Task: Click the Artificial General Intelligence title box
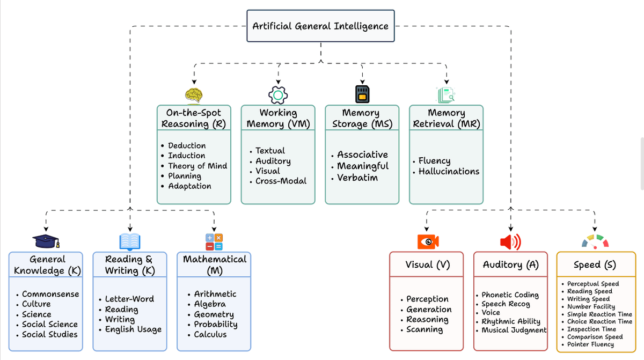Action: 320,26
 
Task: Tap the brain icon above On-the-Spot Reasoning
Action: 194,95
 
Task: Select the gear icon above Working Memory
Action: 278,95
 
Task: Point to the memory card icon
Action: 362,94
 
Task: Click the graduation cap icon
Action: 46,241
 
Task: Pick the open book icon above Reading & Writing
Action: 130,241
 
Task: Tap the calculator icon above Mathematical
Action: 214,241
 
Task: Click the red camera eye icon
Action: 428,241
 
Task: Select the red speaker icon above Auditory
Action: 510,242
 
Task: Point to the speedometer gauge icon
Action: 595,241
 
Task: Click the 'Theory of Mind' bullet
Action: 197,166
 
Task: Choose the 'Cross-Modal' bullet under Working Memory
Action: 281,181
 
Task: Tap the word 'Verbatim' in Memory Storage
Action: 357,178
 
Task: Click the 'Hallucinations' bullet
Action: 449,171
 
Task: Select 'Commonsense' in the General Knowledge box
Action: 50,294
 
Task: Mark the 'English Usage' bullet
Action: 133,329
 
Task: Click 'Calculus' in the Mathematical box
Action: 210,334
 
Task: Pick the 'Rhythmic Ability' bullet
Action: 510,321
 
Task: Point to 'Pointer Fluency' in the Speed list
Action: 590,344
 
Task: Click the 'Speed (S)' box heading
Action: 595,265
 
